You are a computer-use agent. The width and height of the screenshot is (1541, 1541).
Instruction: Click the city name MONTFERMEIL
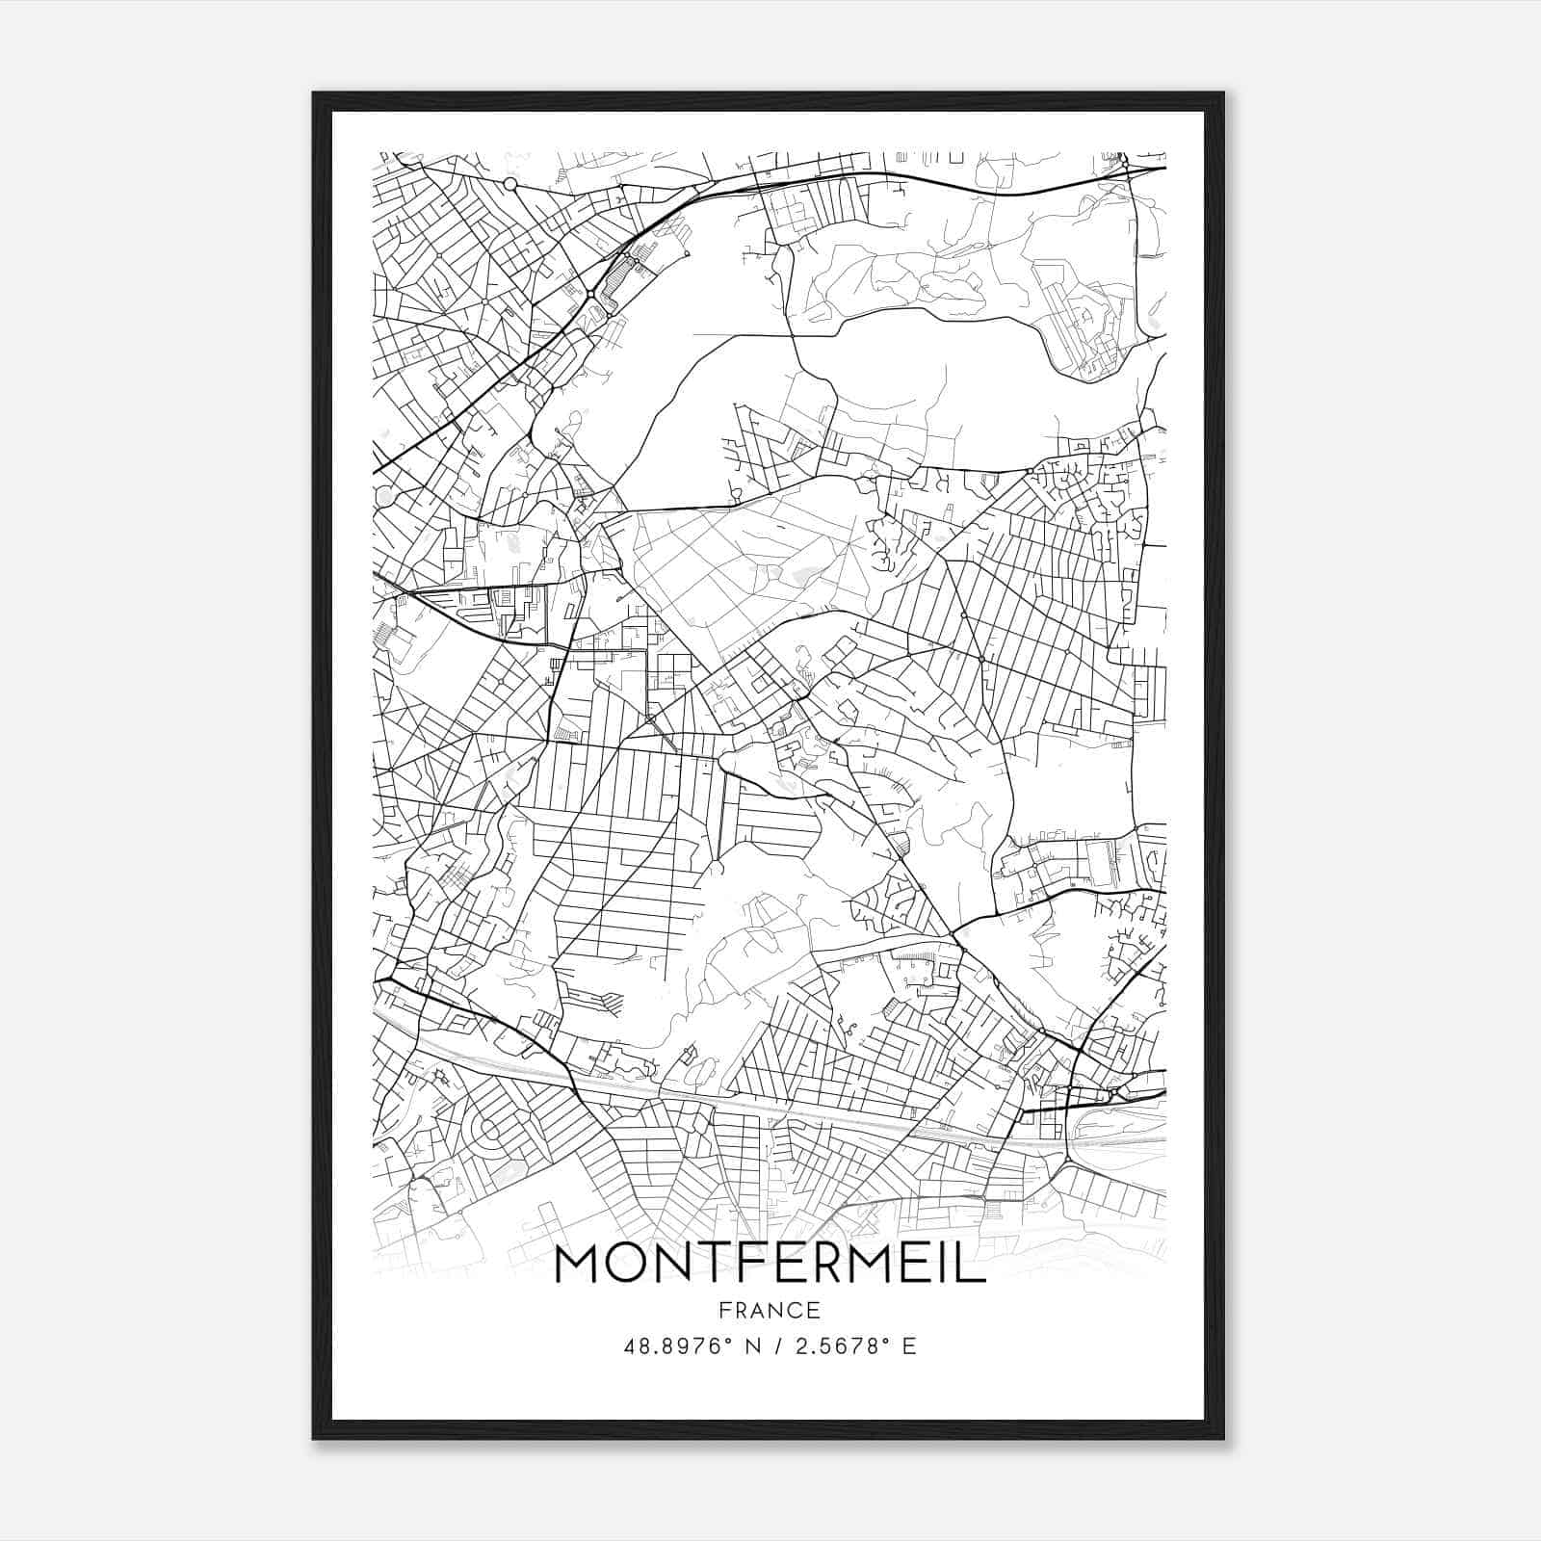[x=770, y=1265]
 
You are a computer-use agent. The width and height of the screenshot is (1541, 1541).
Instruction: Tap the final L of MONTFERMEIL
[x=975, y=1265]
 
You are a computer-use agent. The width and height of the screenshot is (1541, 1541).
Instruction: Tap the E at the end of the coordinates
[x=909, y=1346]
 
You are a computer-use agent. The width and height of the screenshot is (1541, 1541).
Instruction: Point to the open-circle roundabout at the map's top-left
[x=510, y=183]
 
